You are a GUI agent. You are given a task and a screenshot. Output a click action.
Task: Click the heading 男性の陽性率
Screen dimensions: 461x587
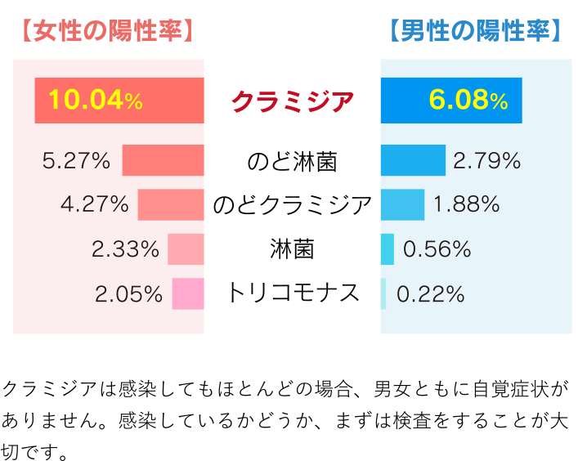pos(475,32)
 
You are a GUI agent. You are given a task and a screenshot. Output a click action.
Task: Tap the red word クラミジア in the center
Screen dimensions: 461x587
pos(293,101)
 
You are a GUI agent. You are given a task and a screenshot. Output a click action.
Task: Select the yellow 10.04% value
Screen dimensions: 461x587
pos(95,101)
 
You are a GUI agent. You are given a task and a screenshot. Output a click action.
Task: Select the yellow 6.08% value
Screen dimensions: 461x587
pos(468,101)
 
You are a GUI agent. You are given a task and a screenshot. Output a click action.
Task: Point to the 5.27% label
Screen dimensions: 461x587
pos(76,161)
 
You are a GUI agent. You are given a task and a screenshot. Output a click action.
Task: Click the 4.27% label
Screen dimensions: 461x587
pos(95,204)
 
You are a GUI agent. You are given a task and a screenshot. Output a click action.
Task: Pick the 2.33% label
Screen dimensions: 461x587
pos(125,249)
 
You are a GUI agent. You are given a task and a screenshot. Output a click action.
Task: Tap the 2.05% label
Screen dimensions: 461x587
pos(129,294)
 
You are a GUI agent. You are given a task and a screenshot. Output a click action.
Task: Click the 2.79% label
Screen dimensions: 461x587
pos(487,161)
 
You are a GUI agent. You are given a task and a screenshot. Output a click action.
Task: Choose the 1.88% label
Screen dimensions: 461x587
pos(466,204)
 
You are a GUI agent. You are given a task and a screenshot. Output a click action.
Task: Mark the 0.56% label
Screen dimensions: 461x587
pos(437,249)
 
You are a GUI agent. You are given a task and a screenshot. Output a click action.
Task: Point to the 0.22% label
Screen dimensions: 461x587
pos(430,294)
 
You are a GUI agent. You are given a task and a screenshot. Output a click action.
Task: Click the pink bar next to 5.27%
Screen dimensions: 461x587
pos(163,160)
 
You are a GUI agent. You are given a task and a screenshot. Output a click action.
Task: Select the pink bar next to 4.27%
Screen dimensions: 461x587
pos(170,204)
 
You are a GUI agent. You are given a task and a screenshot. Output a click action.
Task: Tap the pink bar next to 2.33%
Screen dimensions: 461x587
pos(186,249)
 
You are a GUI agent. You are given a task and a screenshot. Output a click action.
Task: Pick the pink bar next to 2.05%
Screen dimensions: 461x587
pos(188,293)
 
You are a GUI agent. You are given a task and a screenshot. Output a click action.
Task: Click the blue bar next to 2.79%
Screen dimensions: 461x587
pos(413,160)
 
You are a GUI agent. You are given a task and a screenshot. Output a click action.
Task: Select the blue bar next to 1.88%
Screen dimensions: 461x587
pos(402,204)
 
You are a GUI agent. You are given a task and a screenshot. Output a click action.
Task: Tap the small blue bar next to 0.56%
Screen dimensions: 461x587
pos(387,249)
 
